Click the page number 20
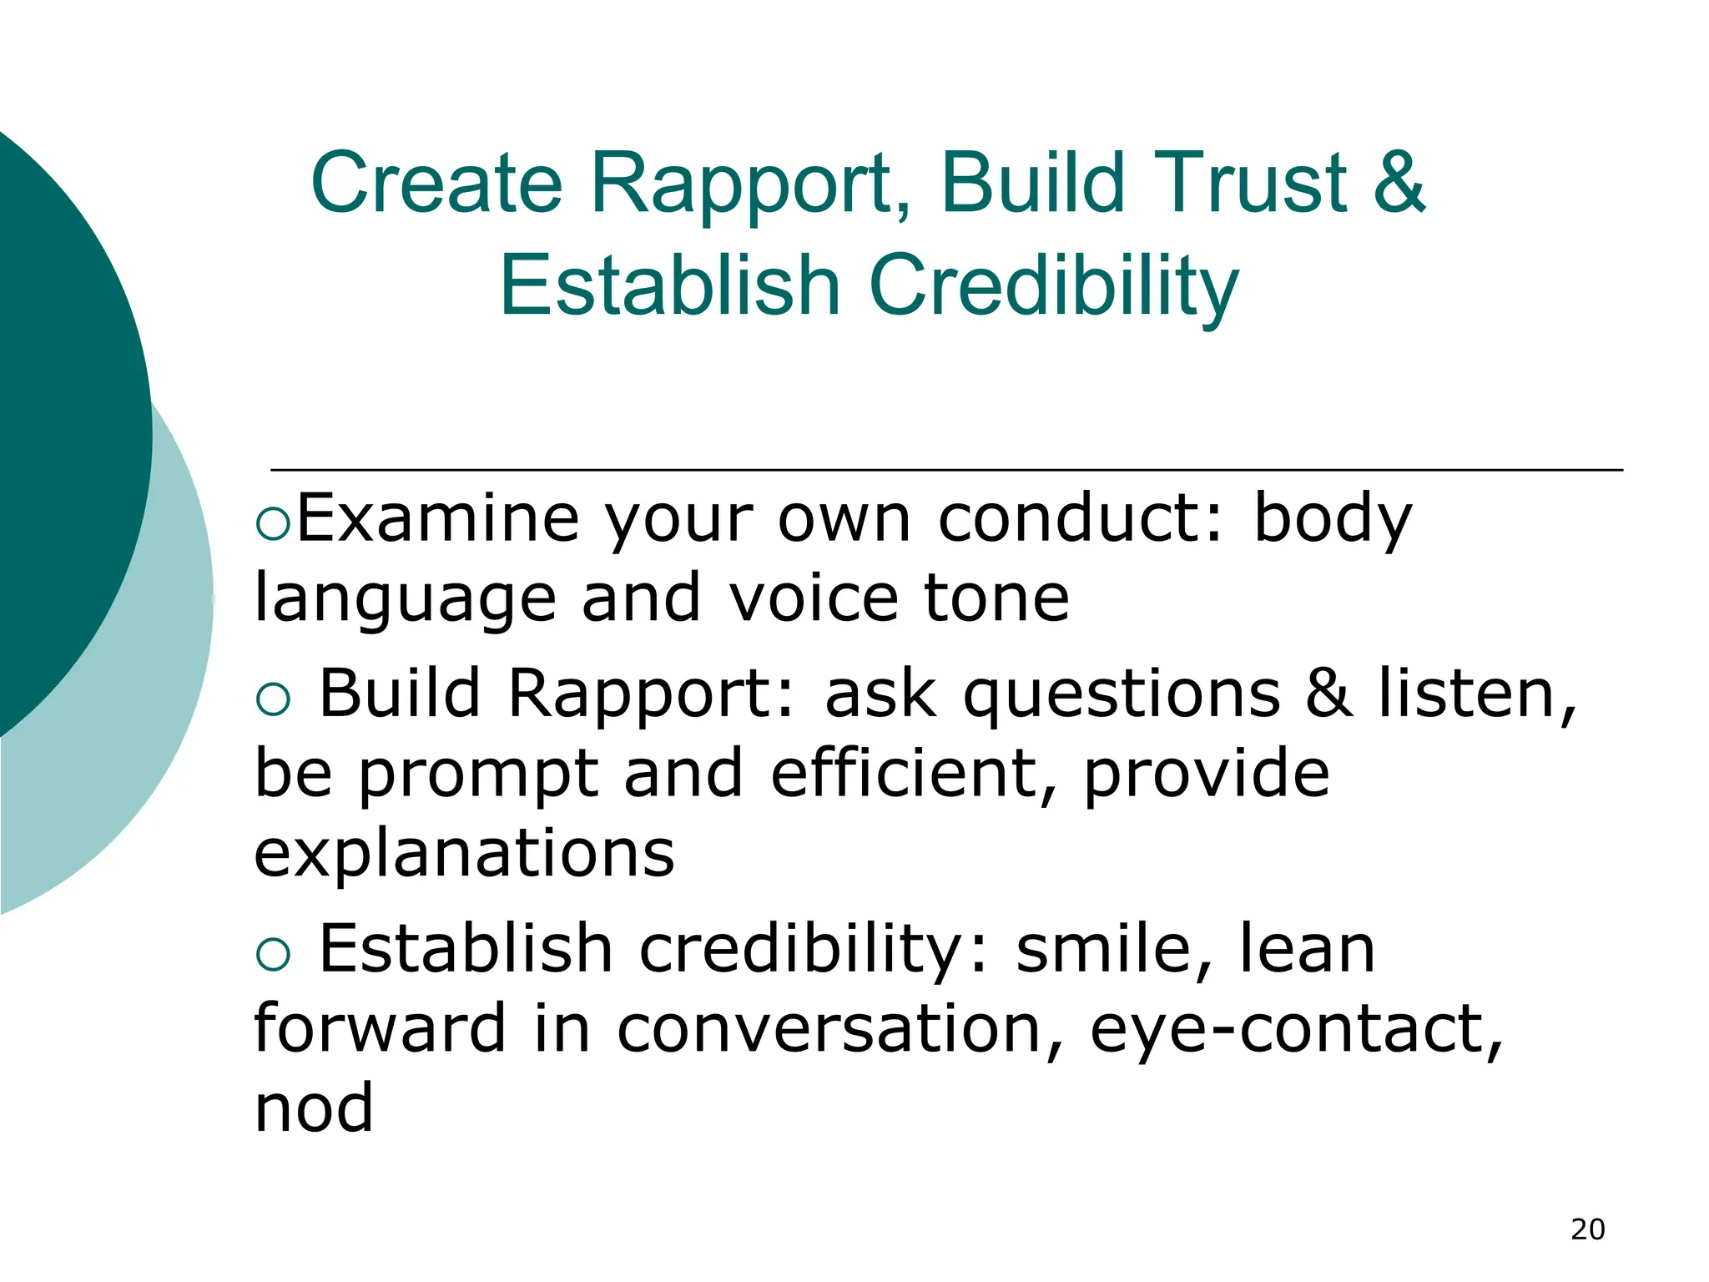coord(1587,1229)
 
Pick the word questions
coord(1122,694)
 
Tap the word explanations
coord(464,856)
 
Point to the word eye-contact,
coord(1296,1030)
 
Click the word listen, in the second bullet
coord(1477,694)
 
